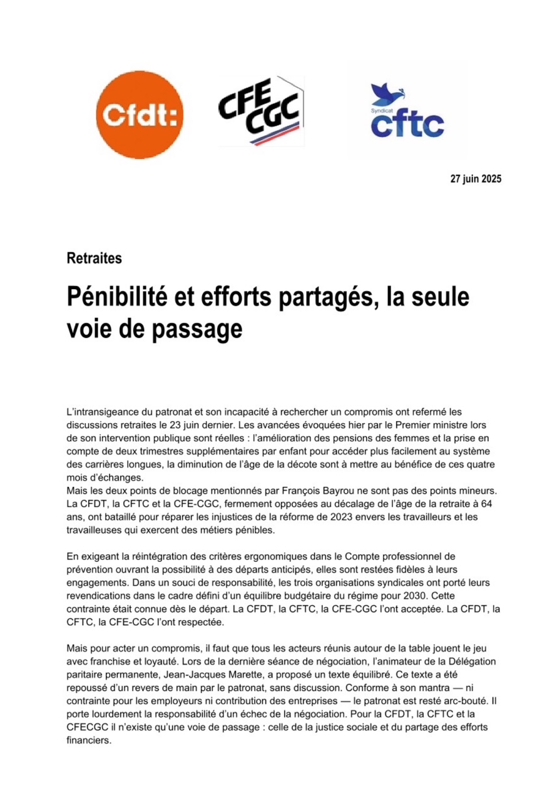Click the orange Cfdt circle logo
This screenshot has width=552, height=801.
(x=140, y=113)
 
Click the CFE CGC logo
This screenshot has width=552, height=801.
(x=260, y=111)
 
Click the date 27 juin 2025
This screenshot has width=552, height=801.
(x=476, y=179)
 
